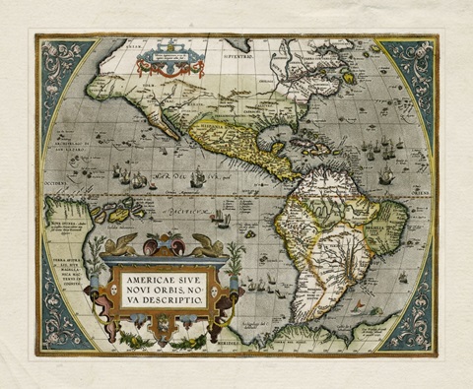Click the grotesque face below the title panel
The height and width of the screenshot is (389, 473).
click(164, 322)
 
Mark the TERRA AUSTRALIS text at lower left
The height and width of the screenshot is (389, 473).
click(65, 270)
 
